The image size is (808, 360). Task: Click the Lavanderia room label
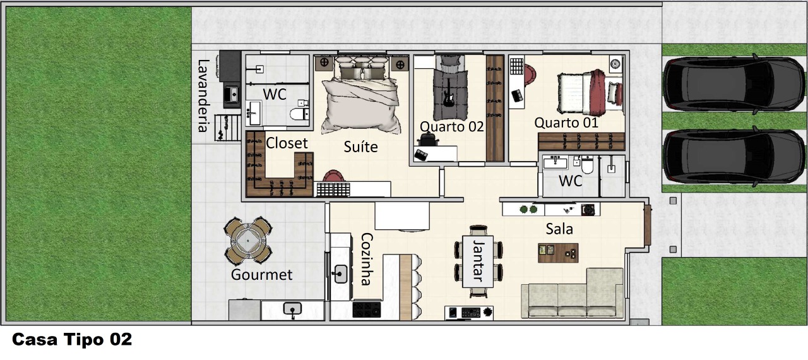point(203,96)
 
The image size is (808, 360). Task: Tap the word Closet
point(287,143)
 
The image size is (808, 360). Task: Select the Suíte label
point(360,147)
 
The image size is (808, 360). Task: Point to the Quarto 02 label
point(451,126)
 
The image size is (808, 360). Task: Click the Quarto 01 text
point(566,123)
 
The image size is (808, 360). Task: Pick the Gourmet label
point(261,275)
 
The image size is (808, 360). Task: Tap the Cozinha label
point(367,259)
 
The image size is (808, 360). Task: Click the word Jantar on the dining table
point(478,260)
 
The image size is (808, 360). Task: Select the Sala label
point(559,229)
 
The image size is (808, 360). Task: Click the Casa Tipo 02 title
point(72,339)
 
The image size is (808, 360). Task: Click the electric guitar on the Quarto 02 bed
point(448,93)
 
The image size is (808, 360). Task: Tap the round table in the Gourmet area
point(248,240)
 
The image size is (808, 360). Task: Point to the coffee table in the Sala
point(558,253)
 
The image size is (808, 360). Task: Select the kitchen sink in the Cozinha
point(339,275)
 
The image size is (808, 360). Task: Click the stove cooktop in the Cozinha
point(367,309)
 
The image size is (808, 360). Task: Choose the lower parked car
point(734,156)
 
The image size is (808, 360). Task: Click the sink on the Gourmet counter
point(292,309)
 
